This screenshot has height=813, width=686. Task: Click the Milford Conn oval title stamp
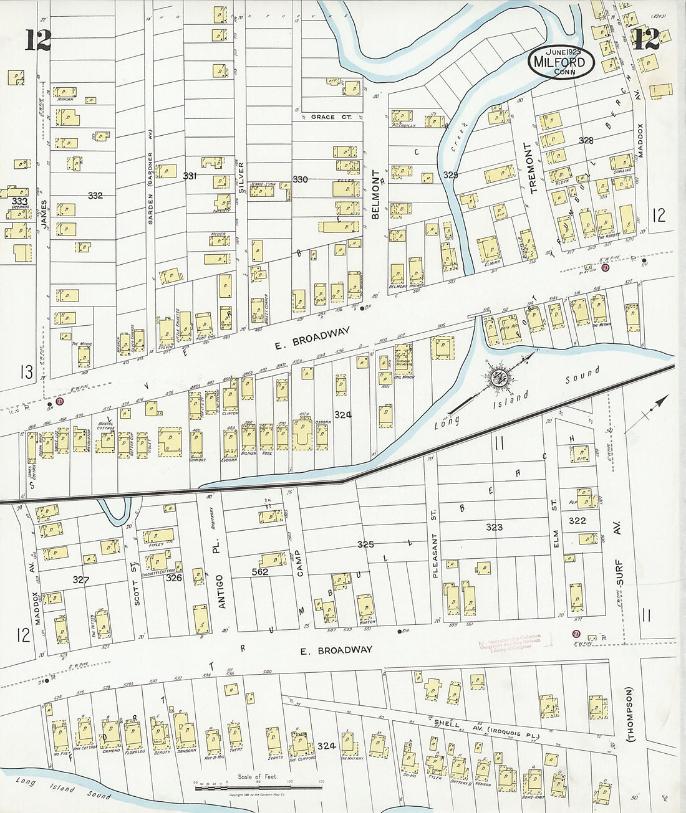click(x=561, y=62)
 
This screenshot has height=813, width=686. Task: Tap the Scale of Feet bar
click(x=259, y=787)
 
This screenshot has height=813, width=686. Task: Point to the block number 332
click(x=95, y=196)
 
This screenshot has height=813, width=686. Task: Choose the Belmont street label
click(x=375, y=194)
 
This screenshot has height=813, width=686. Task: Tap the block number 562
click(x=259, y=571)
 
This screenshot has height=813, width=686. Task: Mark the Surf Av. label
click(x=619, y=552)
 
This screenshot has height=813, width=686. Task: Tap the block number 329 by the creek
click(x=450, y=175)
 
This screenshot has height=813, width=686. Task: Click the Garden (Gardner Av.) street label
click(x=150, y=180)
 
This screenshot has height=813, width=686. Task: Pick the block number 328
click(x=586, y=140)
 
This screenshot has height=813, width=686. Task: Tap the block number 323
click(x=494, y=527)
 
